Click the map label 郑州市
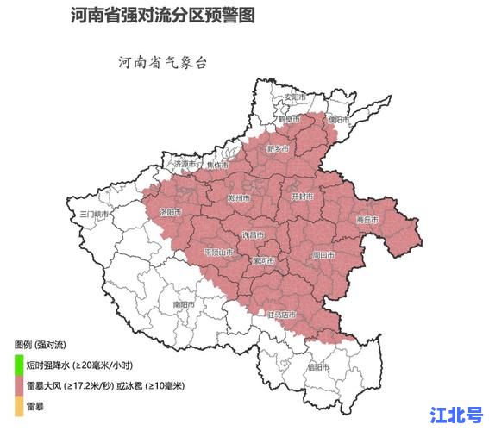click(x=239, y=198)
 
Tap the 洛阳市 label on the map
click(x=171, y=211)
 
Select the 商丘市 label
click(x=367, y=220)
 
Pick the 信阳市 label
click(x=318, y=366)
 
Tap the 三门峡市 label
click(x=93, y=213)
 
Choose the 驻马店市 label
click(x=283, y=314)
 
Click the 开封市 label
click(x=300, y=197)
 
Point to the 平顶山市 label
click(x=218, y=253)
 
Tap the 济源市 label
click(x=185, y=163)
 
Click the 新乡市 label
click(x=278, y=149)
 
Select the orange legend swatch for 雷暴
click(x=18, y=404)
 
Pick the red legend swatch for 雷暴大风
click(x=18, y=384)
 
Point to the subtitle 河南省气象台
click(x=160, y=63)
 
